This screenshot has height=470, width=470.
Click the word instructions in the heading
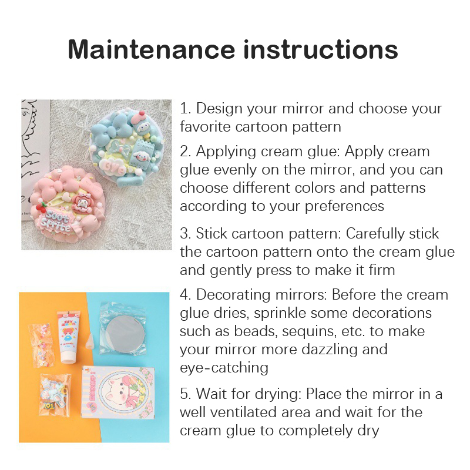[321, 49]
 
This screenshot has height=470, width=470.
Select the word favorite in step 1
[205, 126]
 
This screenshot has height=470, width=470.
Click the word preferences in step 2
[344, 207]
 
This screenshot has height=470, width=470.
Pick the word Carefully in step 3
[375, 234]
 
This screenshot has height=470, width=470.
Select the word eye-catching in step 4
[224, 368]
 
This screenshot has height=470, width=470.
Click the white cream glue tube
[68, 337]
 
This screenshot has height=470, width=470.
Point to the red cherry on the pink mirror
[41, 207]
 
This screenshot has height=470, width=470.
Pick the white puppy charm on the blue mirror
[142, 157]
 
